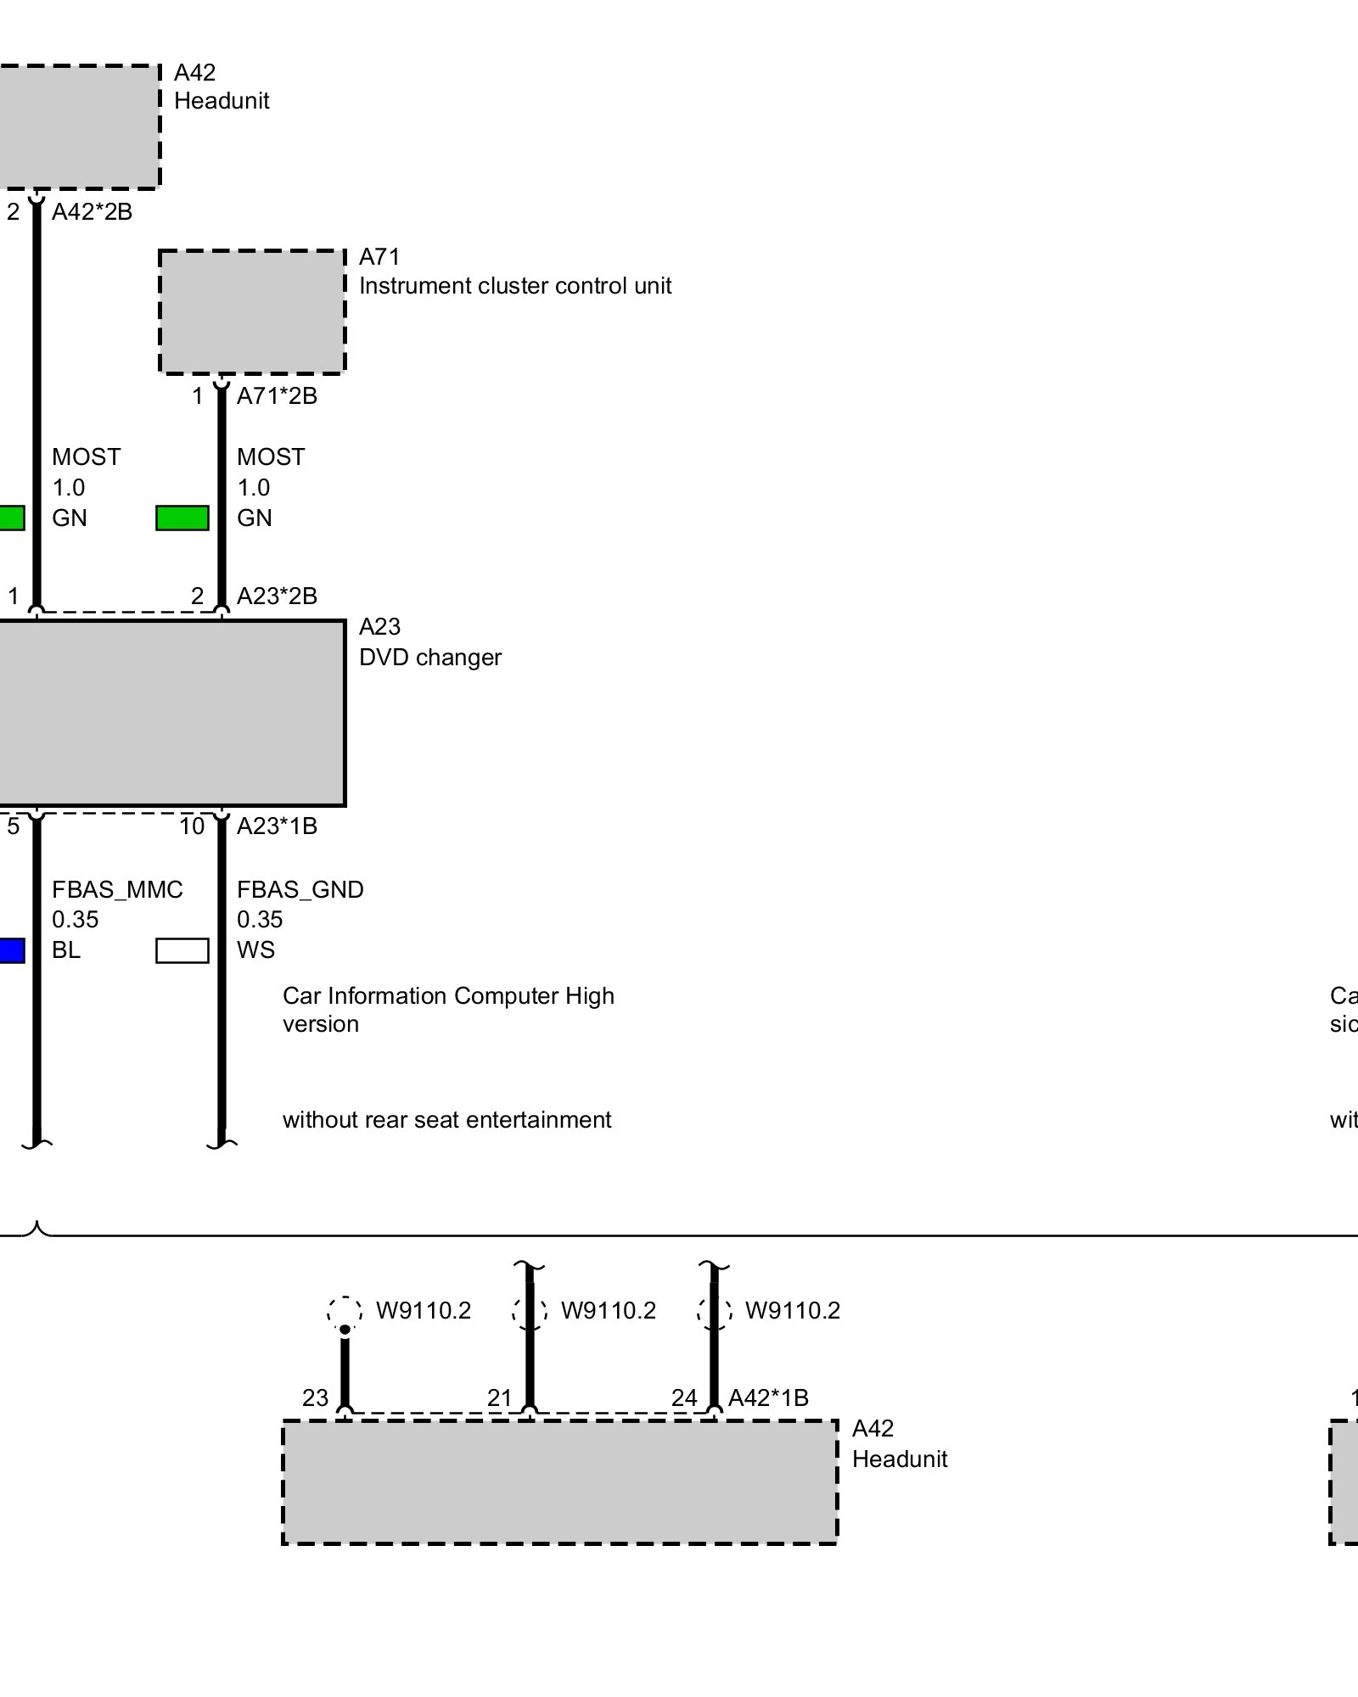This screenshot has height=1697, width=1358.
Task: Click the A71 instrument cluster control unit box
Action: (x=252, y=311)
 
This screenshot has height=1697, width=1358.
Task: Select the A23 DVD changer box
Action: (x=170, y=713)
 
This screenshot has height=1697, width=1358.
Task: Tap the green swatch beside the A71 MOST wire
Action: (x=182, y=518)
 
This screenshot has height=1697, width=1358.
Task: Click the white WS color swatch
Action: (x=182, y=950)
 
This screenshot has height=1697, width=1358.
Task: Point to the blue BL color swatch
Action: (x=11, y=950)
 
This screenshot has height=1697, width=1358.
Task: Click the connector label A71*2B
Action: (x=277, y=396)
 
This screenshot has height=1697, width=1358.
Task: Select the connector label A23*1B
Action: (x=277, y=826)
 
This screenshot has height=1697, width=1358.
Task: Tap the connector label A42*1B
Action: (x=768, y=1397)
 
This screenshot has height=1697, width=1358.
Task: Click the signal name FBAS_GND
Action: (x=300, y=889)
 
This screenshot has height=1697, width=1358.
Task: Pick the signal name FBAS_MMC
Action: (x=117, y=889)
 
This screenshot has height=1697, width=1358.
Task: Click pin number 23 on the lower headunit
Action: (x=315, y=1397)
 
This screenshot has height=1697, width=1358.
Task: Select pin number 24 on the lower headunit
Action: (x=684, y=1397)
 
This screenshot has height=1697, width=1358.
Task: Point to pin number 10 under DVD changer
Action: (x=192, y=826)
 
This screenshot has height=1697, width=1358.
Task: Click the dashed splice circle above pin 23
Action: (x=345, y=1312)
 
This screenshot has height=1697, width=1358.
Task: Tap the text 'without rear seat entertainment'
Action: (x=446, y=1120)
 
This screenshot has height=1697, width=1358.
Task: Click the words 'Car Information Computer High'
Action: (x=448, y=996)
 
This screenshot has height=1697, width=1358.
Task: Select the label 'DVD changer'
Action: (x=430, y=658)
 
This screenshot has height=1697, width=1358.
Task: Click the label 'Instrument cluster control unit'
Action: (x=515, y=286)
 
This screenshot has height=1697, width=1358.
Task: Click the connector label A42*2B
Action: (x=92, y=212)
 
